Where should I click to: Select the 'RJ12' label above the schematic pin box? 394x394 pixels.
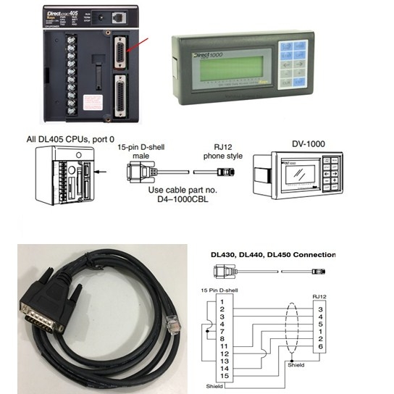click(x=319, y=295)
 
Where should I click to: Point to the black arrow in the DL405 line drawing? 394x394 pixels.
click(x=102, y=172)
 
